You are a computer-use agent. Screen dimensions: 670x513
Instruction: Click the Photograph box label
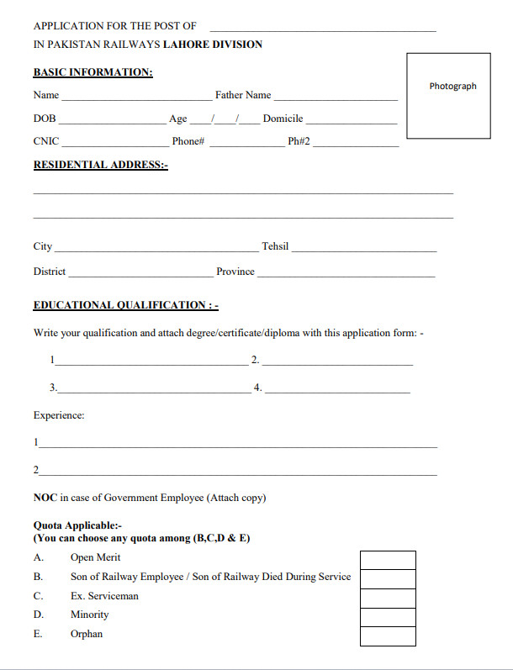(452, 86)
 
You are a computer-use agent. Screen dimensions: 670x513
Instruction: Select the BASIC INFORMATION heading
(93, 72)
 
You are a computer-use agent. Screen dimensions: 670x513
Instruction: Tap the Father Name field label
(243, 95)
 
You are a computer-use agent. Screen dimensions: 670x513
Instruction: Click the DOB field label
(45, 119)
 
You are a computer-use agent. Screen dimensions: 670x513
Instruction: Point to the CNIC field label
(46, 141)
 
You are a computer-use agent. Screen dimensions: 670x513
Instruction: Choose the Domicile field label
(283, 119)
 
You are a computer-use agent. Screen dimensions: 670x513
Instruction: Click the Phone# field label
(188, 141)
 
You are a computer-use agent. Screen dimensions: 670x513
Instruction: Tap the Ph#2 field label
(299, 141)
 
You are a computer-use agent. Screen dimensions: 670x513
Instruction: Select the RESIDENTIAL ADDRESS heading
(100, 165)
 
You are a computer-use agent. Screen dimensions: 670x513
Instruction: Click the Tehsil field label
(275, 246)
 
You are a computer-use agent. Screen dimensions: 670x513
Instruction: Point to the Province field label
(235, 272)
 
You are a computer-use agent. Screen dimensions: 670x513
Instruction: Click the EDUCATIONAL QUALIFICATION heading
(125, 305)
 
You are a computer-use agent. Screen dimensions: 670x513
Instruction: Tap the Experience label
(59, 415)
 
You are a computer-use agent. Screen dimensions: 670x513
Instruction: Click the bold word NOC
(45, 498)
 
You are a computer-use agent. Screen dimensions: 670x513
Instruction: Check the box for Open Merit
(388, 560)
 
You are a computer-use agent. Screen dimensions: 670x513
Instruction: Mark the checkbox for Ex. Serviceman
(388, 598)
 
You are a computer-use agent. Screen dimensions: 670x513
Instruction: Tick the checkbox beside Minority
(388, 617)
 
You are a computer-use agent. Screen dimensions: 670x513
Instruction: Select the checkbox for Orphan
(388, 636)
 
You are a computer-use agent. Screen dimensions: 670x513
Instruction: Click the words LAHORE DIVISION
(212, 45)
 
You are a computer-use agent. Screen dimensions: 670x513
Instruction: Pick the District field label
(50, 272)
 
